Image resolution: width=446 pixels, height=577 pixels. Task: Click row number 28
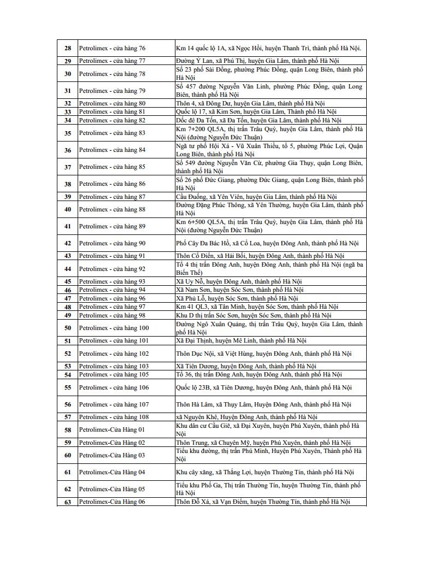coord(68,48)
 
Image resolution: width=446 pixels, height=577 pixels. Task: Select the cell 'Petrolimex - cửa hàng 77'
coord(112,61)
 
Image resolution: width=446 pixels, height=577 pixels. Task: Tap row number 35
coord(68,133)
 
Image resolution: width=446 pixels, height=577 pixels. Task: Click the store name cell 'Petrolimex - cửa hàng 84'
coord(112,150)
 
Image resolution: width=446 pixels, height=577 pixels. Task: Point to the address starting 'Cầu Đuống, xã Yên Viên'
coord(256,197)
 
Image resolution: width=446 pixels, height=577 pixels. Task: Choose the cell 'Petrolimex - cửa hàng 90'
coord(112,243)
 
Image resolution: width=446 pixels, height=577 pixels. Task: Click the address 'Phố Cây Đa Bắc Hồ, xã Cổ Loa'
coord(267,243)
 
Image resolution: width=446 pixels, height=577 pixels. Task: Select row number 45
coord(68,281)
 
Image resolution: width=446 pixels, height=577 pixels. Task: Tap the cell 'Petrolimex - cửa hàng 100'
coord(114,328)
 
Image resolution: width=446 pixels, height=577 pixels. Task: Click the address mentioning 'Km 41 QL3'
coord(257,307)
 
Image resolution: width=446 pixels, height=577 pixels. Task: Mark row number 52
coord(68,354)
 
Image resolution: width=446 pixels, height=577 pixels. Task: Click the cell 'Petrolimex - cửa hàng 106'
coord(114,387)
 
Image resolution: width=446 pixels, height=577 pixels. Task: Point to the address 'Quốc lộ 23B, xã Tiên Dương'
coord(264,387)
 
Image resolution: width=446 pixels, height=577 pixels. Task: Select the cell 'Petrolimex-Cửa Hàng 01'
coord(112,429)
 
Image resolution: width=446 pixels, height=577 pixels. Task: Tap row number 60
coord(68,455)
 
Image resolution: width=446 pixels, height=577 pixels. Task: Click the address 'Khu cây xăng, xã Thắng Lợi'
coord(265,472)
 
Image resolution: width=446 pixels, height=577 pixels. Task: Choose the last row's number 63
coord(68,502)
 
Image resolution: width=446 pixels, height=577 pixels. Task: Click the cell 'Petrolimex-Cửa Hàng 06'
coord(112,502)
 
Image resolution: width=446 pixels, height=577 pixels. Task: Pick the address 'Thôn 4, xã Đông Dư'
coord(250,103)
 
